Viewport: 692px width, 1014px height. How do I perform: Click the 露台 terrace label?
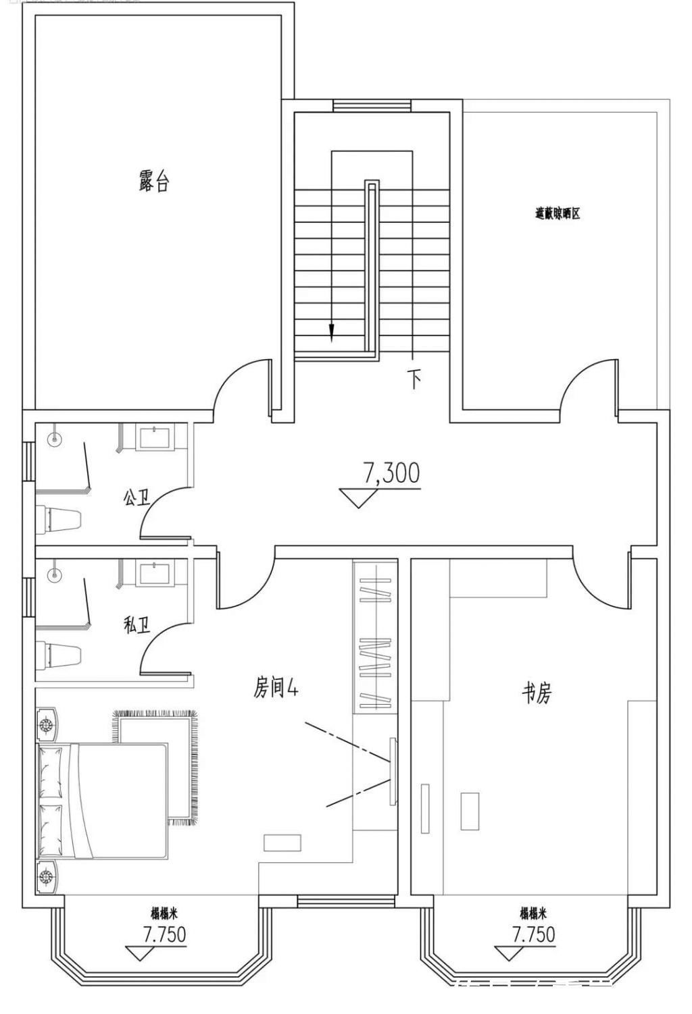pyautogui.click(x=154, y=182)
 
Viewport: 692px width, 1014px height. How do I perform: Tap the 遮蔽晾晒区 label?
pyautogui.click(x=558, y=214)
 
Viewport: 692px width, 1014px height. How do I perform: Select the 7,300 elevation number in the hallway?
pyautogui.click(x=392, y=473)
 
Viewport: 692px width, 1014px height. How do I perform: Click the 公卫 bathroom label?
pyautogui.click(x=137, y=498)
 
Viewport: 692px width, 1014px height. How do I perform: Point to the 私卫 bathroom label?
pyautogui.click(x=137, y=626)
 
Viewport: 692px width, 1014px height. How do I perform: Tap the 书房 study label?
pyautogui.click(x=537, y=693)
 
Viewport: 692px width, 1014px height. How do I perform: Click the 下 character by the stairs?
pyautogui.click(x=414, y=379)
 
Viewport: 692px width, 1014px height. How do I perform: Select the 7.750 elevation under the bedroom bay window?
pyautogui.click(x=164, y=934)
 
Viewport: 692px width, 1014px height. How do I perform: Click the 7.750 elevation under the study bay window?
pyautogui.click(x=533, y=934)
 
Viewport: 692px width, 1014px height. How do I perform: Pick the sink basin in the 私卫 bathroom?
pyautogui.click(x=156, y=572)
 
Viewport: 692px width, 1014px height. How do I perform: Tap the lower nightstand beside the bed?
pyautogui.click(x=47, y=877)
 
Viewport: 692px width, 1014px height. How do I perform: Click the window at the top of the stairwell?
pyautogui.click(x=372, y=105)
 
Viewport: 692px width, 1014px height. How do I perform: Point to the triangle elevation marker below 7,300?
pyautogui.click(x=358, y=498)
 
